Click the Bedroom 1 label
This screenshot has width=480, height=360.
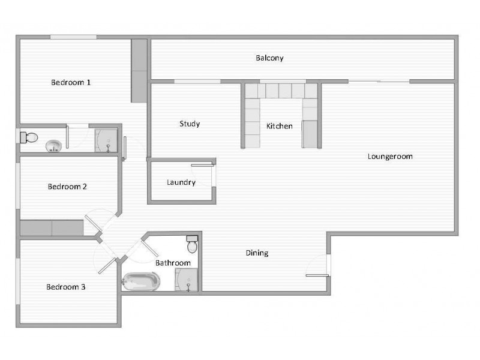(71, 82)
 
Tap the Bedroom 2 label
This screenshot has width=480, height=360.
(67, 186)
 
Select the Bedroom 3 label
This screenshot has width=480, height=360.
(65, 287)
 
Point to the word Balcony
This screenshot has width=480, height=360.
(269, 58)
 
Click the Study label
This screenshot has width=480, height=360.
(190, 124)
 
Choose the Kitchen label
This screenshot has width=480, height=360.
(280, 126)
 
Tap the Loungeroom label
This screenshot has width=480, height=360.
(390, 157)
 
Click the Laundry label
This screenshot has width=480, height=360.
(181, 182)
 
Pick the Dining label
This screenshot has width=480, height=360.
(257, 253)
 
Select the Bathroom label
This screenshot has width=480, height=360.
(173, 263)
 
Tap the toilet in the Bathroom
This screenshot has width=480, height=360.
(193, 244)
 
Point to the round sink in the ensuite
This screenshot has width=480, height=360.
(53, 145)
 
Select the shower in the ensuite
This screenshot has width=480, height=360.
(106, 140)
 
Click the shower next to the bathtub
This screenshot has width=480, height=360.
(186, 280)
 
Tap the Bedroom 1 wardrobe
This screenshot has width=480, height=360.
(139, 70)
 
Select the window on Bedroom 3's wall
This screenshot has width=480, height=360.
(17, 281)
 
